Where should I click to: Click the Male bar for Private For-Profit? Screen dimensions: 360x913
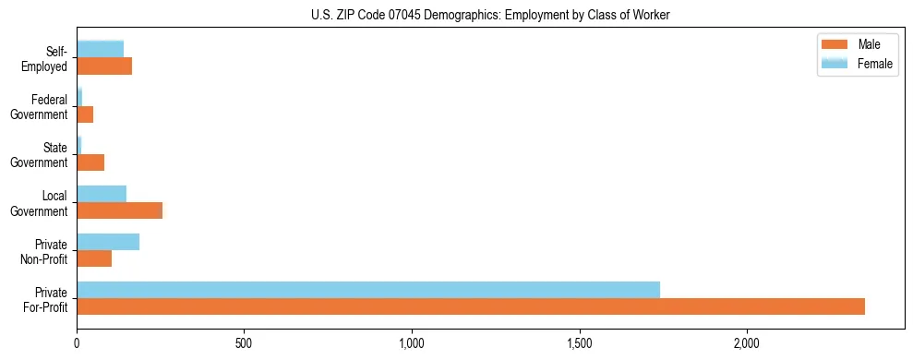click(x=471, y=306)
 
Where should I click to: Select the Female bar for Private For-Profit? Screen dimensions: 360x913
click(x=368, y=290)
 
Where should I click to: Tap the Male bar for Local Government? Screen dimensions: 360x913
click(x=119, y=210)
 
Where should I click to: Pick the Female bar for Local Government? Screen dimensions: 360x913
click(x=102, y=194)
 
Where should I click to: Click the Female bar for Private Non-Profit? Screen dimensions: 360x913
click(x=108, y=242)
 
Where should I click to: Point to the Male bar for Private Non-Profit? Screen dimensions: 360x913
click(x=94, y=258)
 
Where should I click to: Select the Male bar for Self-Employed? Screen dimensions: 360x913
click(x=104, y=66)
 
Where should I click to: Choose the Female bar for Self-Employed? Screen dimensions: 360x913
click(x=100, y=50)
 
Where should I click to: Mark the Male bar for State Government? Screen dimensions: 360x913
click(x=90, y=162)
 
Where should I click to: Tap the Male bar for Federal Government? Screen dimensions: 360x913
click(x=85, y=114)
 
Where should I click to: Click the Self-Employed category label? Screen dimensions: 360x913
click(x=48, y=59)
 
